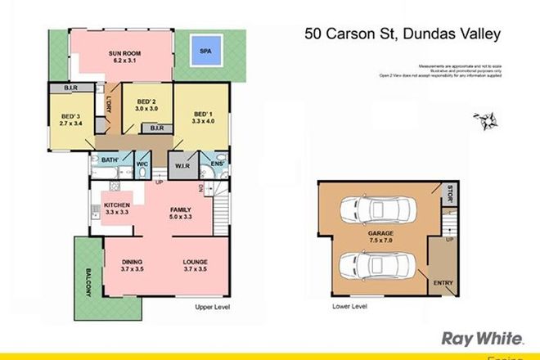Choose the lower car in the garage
coord(380,263)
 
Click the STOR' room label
coord(444,193)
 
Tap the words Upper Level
coord(211,308)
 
